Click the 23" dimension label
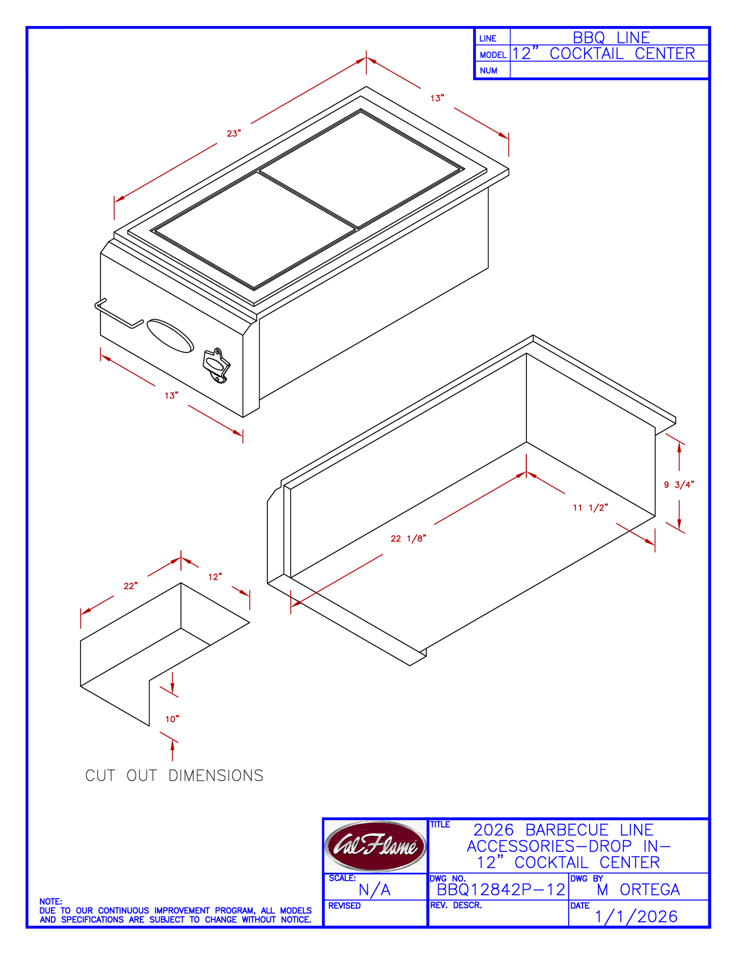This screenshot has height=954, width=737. pyautogui.click(x=234, y=134)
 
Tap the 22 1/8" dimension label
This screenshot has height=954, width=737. pyautogui.click(x=408, y=538)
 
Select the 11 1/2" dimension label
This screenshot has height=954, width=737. pyautogui.click(x=591, y=508)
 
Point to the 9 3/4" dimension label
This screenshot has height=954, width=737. pyautogui.click(x=679, y=485)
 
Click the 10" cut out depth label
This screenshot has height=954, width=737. pyautogui.click(x=172, y=719)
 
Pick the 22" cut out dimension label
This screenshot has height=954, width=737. pyautogui.click(x=131, y=586)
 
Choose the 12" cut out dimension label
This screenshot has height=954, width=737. pyautogui.click(x=215, y=577)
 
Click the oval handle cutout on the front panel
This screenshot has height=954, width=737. pyautogui.click(x=170, y=336)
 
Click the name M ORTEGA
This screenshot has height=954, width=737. pyautogui.click(x=638, y=890)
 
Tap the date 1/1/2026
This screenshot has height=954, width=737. pyautogui.click(x=636, y=917)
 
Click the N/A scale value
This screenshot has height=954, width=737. pyautogui.click(x=374, y=890)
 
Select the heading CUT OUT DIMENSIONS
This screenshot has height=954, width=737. pyautogui.click(x=174, y=775)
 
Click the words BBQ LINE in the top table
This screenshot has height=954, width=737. pyautogui.click(x=611, y=37)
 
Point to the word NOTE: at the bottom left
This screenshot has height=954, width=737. pyautogui.click(x=50, y=901)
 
